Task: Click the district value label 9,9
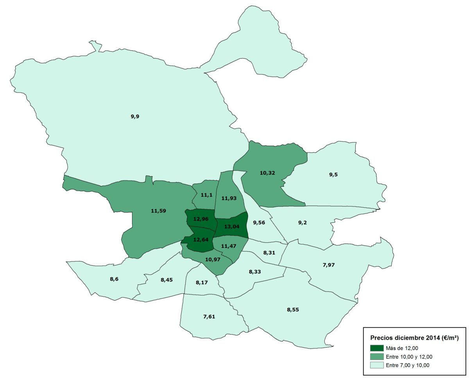coord(135,116)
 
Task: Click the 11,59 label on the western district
coord(158,211)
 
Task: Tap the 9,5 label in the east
coord(333,174)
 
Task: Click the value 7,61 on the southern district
coord(209,316)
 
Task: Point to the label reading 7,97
coord(329,265)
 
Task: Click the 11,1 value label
coord(206,195)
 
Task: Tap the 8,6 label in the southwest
coord(114,279)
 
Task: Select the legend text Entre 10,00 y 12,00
coord(409,357)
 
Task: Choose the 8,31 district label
coord(269,253)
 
